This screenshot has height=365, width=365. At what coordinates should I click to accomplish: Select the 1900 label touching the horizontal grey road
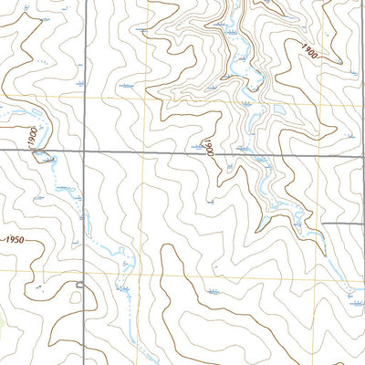209,149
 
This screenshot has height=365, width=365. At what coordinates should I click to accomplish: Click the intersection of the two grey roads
84,150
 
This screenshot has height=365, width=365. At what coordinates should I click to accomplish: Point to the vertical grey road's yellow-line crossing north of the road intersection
84,95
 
